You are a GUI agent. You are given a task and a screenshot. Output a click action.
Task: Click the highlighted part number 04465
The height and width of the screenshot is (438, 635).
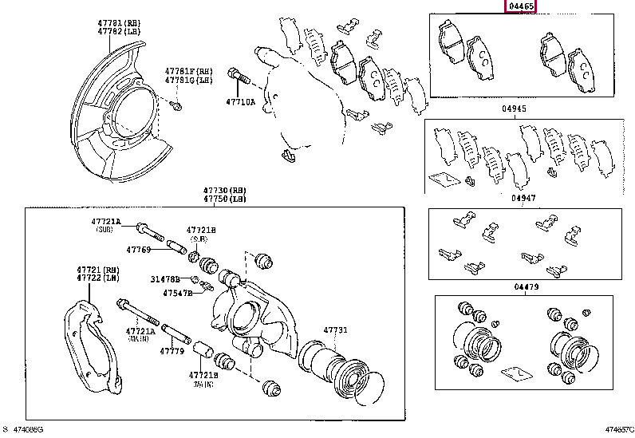coord(520,6)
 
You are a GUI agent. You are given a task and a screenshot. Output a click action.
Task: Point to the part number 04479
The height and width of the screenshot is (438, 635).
coord(527,286)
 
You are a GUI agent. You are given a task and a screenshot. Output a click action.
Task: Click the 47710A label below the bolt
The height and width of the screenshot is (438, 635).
coord(240,102)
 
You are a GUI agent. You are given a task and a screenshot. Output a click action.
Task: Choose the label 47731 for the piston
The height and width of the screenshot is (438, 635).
coord(335,330)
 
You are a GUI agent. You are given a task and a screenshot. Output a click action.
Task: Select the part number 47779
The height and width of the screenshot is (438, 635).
coord(172,350)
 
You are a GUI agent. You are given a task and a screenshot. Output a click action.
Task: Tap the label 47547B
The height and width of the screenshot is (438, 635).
coord(178,294)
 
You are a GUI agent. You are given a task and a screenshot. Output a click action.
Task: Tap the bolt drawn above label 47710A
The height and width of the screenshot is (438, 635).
coord(239,77)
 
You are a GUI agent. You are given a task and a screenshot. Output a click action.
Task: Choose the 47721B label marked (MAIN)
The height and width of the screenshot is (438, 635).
coord(202,374)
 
